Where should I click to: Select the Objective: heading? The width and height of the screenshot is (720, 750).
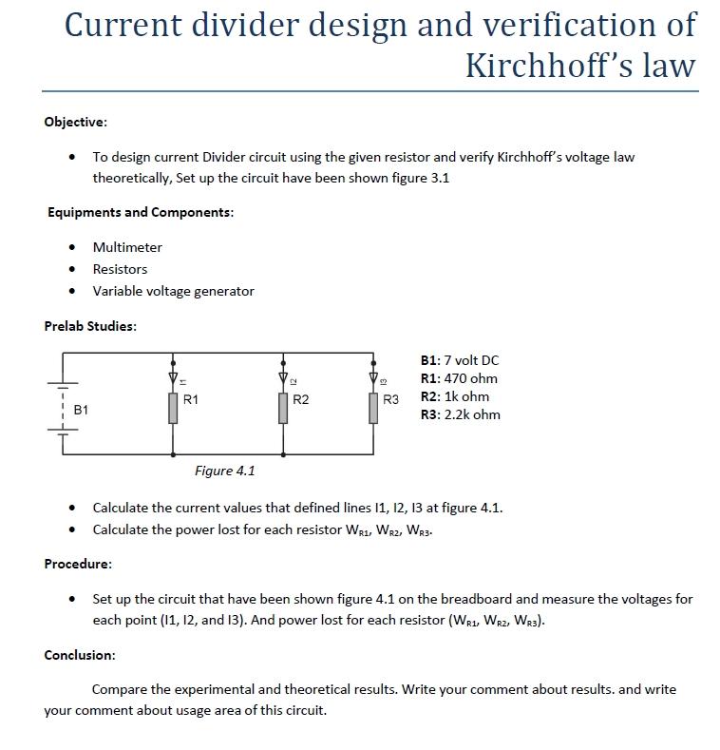[76, 122]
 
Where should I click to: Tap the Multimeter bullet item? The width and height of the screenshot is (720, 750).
[127, 247]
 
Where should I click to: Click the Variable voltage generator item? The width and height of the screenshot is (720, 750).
[173, 291]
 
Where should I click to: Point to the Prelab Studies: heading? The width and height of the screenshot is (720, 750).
[90, 326]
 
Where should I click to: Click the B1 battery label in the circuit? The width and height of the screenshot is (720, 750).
[81, 410]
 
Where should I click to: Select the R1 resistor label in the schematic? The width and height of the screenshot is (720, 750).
[191, 400]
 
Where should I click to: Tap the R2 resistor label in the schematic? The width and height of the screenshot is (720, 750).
[301, 400]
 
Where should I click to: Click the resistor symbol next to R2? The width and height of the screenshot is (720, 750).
[282, 407]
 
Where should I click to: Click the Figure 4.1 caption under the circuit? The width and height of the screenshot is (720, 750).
[225, 471]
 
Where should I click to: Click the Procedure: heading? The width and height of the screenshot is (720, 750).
[79, 564]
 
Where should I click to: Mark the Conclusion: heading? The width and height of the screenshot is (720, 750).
[80, 655]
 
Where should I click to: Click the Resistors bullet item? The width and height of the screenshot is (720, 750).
[120, 269]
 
